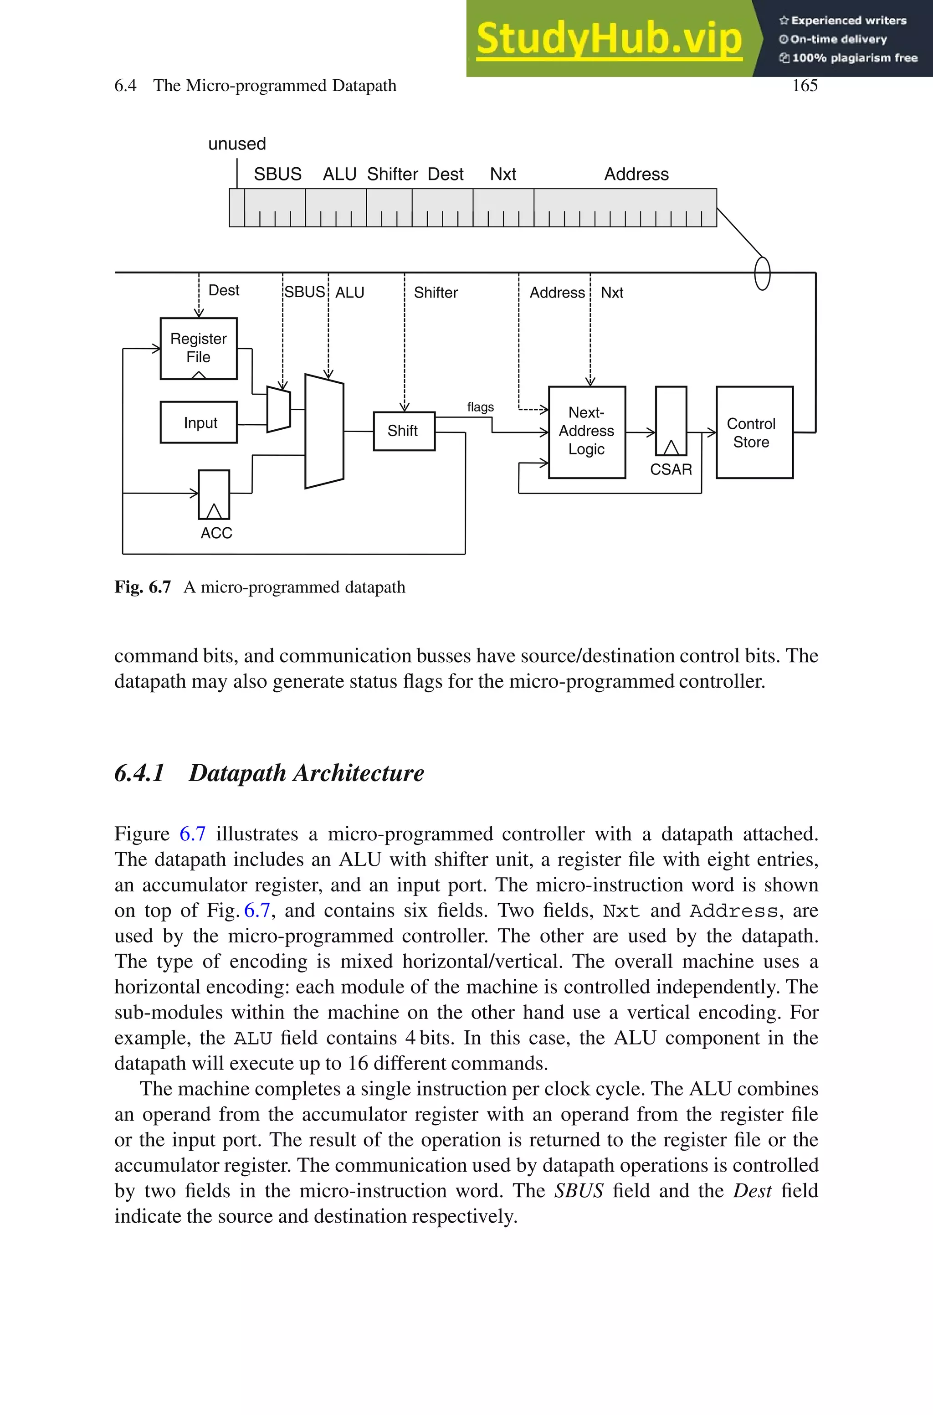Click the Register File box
tap(198, 348)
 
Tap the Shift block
tap(404, 431)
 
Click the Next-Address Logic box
tap(586, 432)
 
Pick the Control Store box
tap(754, 432)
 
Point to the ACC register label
tap(216, 533)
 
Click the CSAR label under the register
tap(671, 469)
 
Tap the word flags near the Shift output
tap(480, 407)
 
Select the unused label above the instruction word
tap(237, 144)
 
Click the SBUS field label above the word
tap(277, 175)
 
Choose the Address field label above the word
tap(636, 175)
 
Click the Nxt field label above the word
tap(503, 175)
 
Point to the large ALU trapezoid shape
tap(324, 432)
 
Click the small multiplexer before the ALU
tap(278, 409)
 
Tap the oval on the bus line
tap(762, 273)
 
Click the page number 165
tap(805, 86)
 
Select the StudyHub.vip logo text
tap(609, 39)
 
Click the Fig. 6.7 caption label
tap(143, 587)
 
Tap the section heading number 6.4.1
tap(139, 773)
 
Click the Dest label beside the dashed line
tap(224, 290)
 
